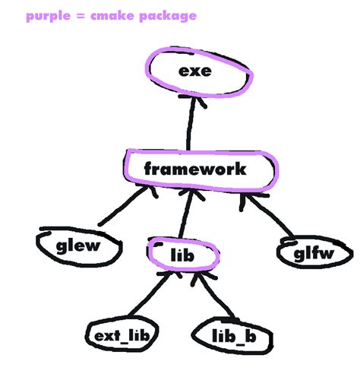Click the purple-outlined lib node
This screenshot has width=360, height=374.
(x=183, y=255)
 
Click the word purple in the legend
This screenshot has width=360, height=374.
(x=49, y=15)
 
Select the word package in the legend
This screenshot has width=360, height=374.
(x=170, y=15)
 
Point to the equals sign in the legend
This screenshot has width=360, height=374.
(x=84, y=15)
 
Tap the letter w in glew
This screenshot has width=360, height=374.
(x=94, y=246)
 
